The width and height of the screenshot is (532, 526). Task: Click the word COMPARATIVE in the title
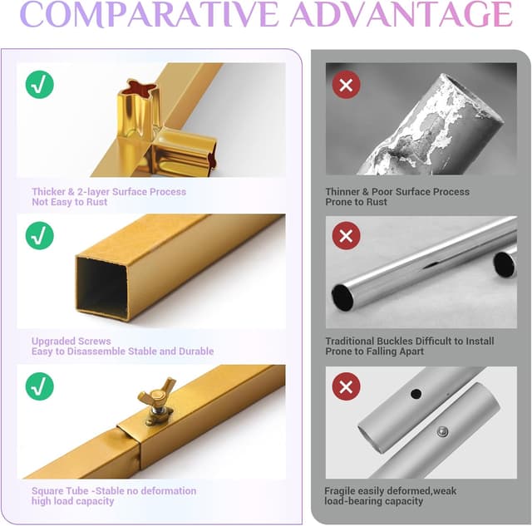pyautogui.click(x=149, y=14)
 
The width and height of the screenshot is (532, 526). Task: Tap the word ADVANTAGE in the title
pyautogui.click(x=401, y=14)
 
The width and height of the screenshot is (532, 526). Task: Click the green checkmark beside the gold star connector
pyautogui.click(x=40, y=85)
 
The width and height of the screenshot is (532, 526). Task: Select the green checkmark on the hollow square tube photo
pyautogui.click(x=40, y=236)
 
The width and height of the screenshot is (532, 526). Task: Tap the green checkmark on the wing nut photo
pyautogui.click(x=40, y=386)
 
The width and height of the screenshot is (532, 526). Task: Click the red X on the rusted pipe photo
pyautogui.click(x=346, y=85)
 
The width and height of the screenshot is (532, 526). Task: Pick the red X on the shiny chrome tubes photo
pyautogui.click(x=346, y=236)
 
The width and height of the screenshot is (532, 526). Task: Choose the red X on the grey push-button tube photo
pyautogui.click(x=346, y=386)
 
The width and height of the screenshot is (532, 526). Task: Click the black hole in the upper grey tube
pyautogui.click(x=416, y=394)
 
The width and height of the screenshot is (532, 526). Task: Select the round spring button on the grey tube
pyautogui.click(x=441, y=431)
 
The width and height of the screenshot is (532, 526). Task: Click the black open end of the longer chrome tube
pyautogui.click(x=342, y=297)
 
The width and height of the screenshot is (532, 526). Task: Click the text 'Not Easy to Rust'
pyautogui.click(x=70, y=202)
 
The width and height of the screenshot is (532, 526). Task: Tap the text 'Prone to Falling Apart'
pyautogui.click(x=375, y=351)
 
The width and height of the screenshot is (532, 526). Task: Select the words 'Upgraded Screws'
pyautogui.click(x=71, y=342)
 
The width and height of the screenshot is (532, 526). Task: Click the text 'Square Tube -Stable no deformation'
pyautogui.click(x=114, y=491)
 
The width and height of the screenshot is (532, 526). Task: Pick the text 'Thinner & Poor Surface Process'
pyautogui.click(x=397, y=192)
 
